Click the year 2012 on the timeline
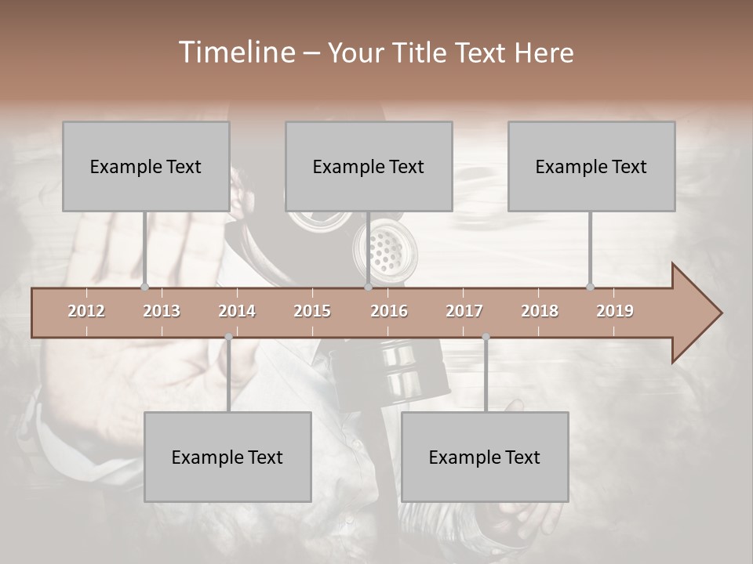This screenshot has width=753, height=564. [x=86, y=311]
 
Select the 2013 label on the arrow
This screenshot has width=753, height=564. [x=162, y=311]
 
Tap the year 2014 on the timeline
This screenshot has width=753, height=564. [x=237, y=311]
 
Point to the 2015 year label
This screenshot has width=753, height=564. [x=312, y=311]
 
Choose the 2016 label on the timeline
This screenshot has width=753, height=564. [x=389, y=311]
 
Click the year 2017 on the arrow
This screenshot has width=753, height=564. [x=464, y=311]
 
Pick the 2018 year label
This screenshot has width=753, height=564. [x=540, y=311]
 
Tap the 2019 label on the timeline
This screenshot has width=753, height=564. [x=615, y=311]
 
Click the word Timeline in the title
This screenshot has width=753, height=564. [x=236, y=52]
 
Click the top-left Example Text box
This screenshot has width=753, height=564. [x=146, y=166]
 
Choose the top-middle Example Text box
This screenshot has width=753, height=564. [x=369, y=166]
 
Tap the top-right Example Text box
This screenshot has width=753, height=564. [x=591, y=166]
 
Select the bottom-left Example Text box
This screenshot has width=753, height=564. [x=227, y=457]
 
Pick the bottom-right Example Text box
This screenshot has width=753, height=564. [x=485, y=457]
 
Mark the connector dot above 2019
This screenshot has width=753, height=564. [x=591, y=287]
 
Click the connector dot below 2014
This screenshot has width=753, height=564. [x=228, y=337]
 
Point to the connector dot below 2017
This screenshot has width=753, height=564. [x=486, y=337]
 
